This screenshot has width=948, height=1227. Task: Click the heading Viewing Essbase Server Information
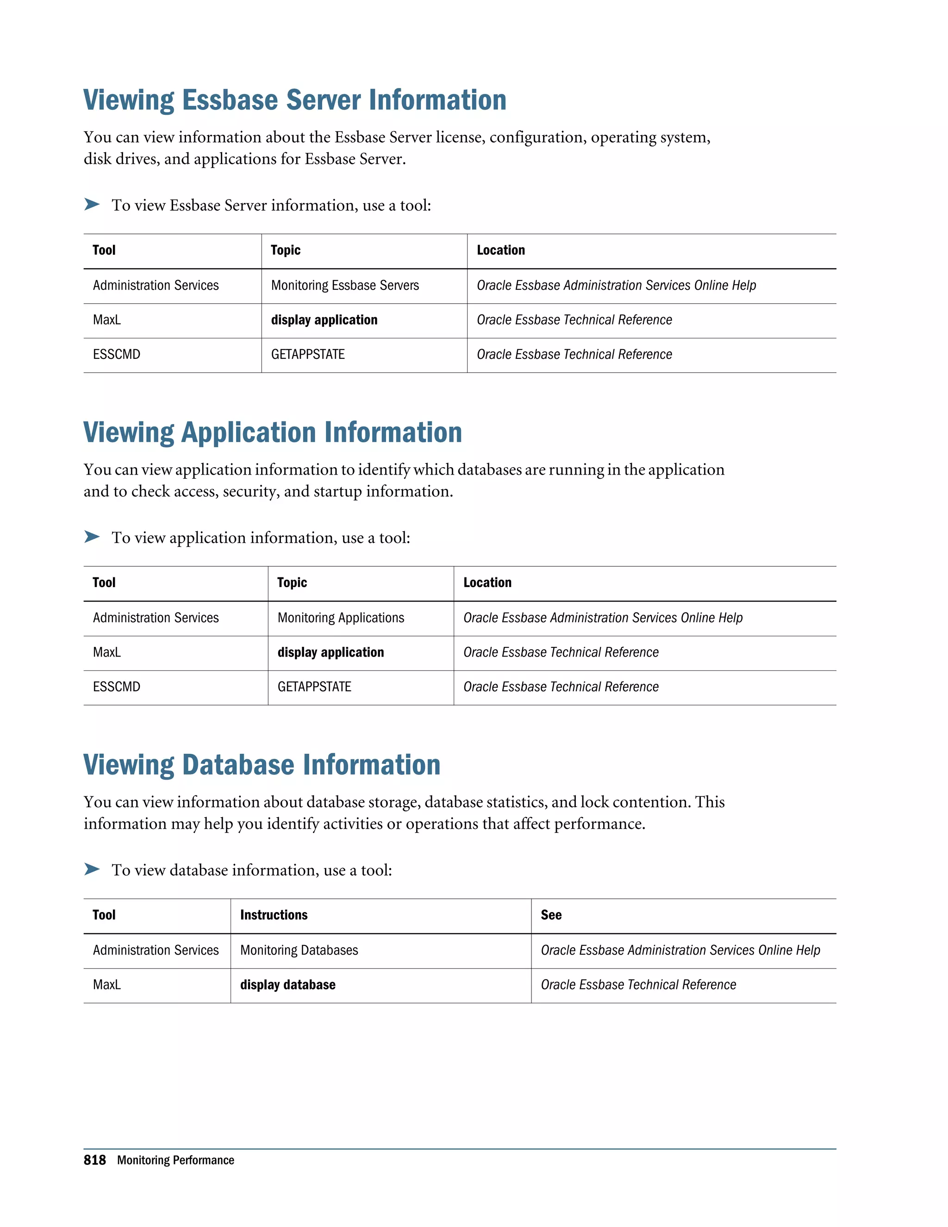pos(294,100)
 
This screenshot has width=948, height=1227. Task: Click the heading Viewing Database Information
pos(262,765)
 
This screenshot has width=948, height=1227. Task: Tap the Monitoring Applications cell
pos(340,618)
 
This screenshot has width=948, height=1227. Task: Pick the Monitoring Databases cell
pos(299,950)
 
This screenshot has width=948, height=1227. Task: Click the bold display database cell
pos(287,985)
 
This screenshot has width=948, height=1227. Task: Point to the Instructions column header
pos(274,915)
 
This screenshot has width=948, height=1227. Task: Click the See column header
pos(551,915)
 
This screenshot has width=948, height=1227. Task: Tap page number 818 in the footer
pos(94,1160)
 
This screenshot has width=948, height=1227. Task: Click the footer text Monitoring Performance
pos(175,1160)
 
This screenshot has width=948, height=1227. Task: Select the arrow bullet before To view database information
pos(92,869)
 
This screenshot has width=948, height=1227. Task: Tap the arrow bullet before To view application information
pos(92,537)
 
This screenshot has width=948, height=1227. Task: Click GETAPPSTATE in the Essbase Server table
pos(308,355)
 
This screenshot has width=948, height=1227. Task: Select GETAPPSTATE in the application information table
pos(314,687)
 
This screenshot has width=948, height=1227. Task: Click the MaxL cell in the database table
pos(107,985)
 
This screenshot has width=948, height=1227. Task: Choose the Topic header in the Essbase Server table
pos(285,250)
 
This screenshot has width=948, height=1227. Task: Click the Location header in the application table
pos(487,582)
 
